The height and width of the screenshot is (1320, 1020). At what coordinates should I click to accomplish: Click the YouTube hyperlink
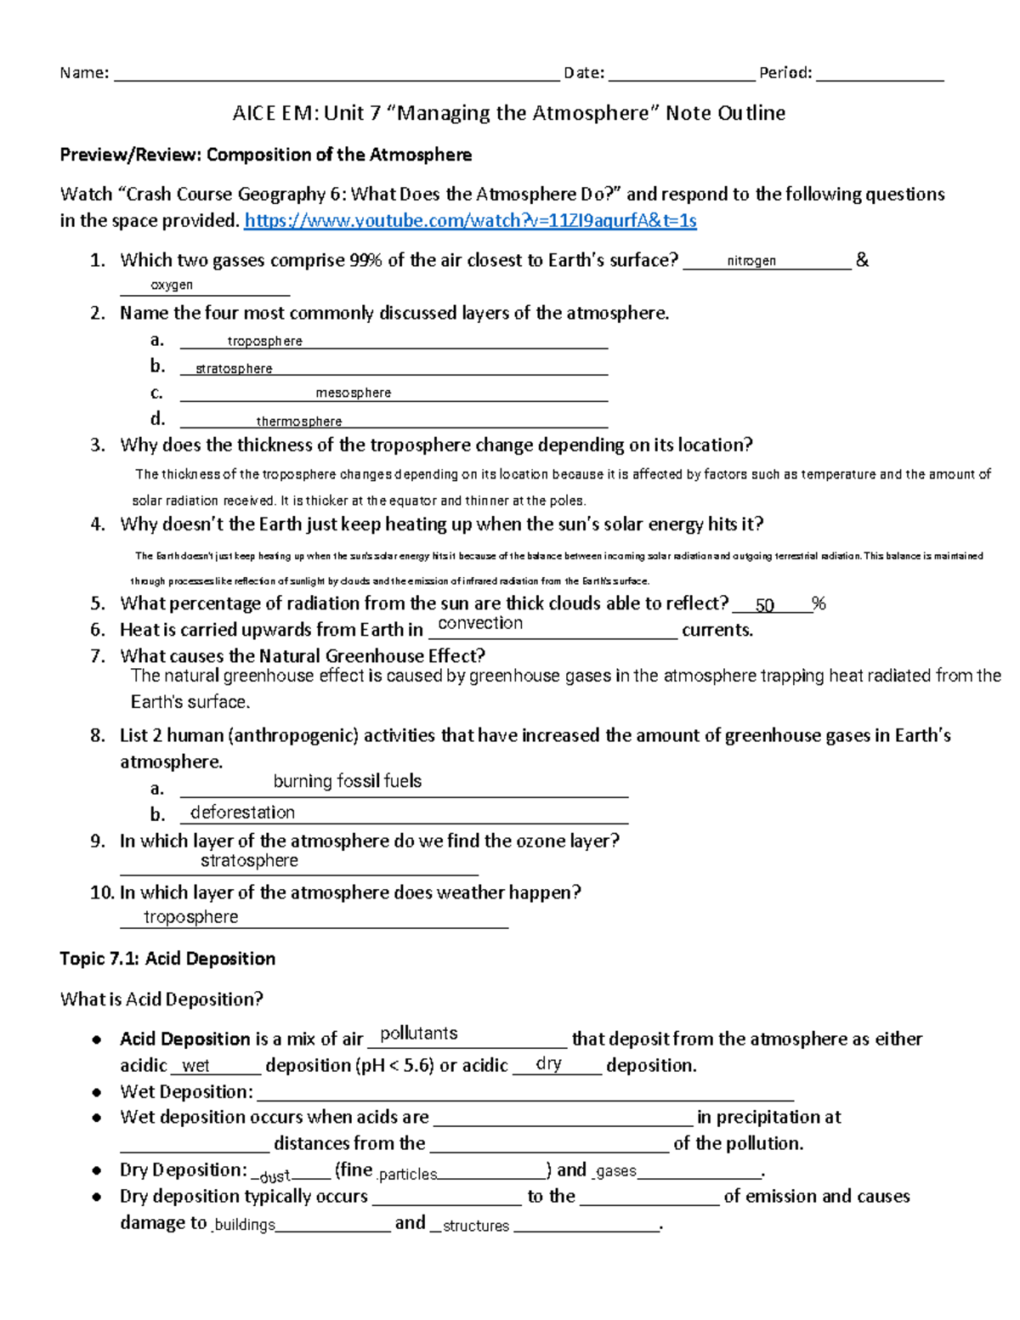pos(470,221)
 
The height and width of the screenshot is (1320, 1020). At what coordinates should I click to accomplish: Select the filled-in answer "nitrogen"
pos(751,261)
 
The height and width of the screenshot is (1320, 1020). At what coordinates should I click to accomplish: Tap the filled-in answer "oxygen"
pos(172,286)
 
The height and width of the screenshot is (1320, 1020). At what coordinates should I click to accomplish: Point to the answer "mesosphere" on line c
pos(353,393)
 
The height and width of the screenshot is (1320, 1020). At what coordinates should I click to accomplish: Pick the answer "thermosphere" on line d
pos(299,422)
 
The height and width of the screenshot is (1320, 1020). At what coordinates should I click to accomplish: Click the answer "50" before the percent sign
pos(764,605)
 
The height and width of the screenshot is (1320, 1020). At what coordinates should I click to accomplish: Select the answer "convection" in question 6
pos(480,624)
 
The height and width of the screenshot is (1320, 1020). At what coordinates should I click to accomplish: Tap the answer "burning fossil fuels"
pos(347,781)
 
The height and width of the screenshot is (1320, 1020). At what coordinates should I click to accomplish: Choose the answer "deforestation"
pos(242,813)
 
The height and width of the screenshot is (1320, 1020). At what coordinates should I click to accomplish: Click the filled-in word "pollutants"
pos(418,1034)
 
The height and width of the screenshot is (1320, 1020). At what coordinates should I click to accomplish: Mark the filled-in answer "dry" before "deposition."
pos(548,1064)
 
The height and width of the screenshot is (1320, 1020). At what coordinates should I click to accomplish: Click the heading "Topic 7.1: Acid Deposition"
pos(167,959)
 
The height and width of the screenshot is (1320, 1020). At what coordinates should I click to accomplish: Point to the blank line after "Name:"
pos(336,75)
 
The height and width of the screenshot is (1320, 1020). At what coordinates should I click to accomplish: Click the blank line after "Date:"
pos(681,75)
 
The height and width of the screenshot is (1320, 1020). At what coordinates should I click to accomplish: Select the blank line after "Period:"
pos(879,75)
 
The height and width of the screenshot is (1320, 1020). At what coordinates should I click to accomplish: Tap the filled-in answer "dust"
pos(275,1176)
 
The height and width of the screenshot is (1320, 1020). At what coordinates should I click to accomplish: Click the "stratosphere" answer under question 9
pos(249,861)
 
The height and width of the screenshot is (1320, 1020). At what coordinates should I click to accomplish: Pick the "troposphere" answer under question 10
pos(190,917)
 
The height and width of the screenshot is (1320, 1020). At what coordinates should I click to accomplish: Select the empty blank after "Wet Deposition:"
pos(524,1093)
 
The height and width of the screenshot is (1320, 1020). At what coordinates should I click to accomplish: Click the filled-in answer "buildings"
pos(245,1225)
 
